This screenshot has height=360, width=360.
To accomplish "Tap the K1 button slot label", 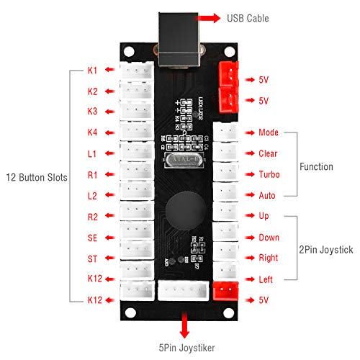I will [92, 71].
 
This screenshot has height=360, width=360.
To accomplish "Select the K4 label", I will [92, 133].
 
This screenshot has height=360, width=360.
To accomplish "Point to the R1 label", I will [92, 175].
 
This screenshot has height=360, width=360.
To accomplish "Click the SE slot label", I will [92, 238].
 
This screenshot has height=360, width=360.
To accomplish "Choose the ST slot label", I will [92, 258].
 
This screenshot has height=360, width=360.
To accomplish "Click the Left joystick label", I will [266, 279].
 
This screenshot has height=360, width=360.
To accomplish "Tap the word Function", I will [318, 167].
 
